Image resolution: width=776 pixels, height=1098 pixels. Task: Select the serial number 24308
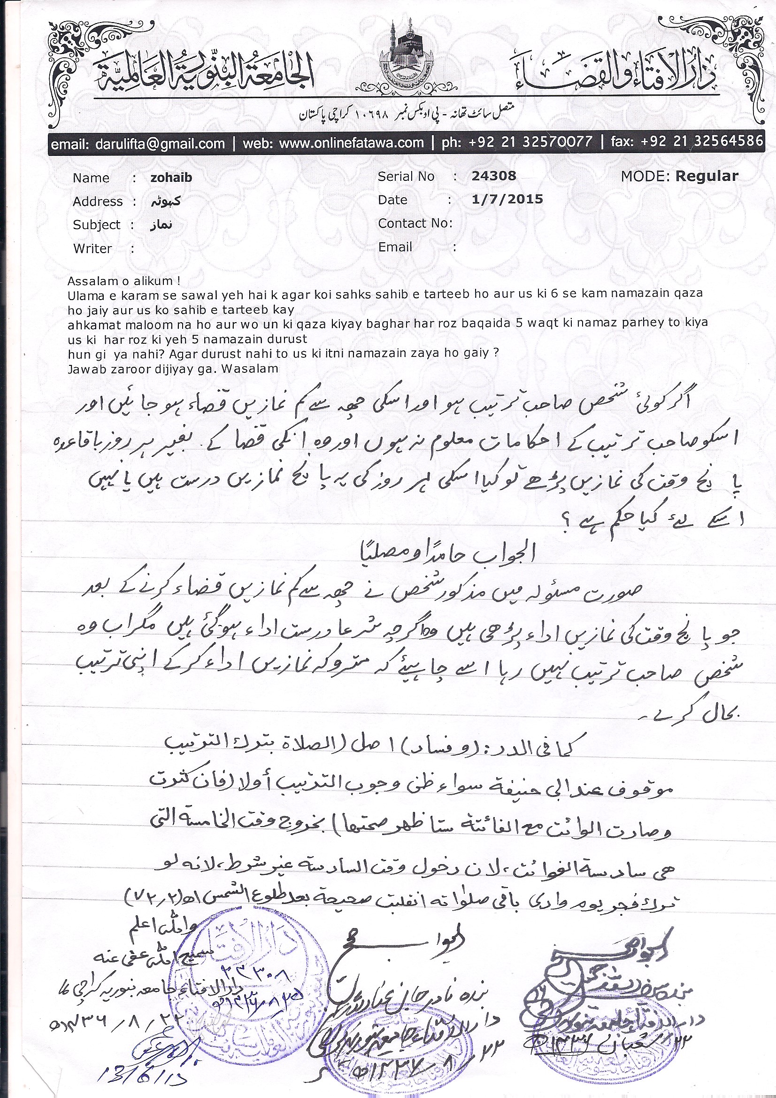point(494,176)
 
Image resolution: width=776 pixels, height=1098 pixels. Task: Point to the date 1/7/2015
point(507,199)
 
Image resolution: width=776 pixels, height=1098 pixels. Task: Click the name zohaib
point(171,178)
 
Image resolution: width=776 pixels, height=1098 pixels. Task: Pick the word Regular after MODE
point(707,176)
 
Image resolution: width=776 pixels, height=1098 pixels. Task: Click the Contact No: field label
point(415,223)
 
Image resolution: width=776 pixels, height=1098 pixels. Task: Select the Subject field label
point(97,225)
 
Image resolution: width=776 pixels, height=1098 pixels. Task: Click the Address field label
point(98,201)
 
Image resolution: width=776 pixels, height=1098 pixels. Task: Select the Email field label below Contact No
point(395,247)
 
